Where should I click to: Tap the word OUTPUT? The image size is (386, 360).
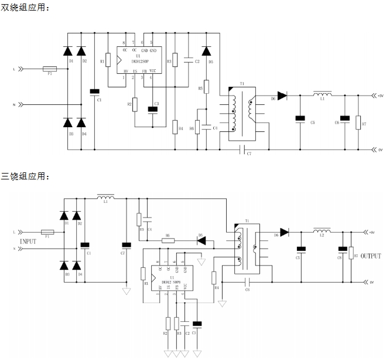coord(370,256)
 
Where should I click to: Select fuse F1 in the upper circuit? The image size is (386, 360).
coord(50,69)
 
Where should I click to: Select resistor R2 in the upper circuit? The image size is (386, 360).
coord(135,104)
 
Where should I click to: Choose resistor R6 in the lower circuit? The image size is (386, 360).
coord(168,239)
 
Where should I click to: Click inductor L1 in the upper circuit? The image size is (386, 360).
coord(322,94)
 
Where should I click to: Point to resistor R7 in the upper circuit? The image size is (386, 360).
coord(358,122)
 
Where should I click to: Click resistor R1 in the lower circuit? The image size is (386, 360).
coord(143,273)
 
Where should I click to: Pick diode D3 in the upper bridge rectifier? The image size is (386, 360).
coord(68,123)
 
